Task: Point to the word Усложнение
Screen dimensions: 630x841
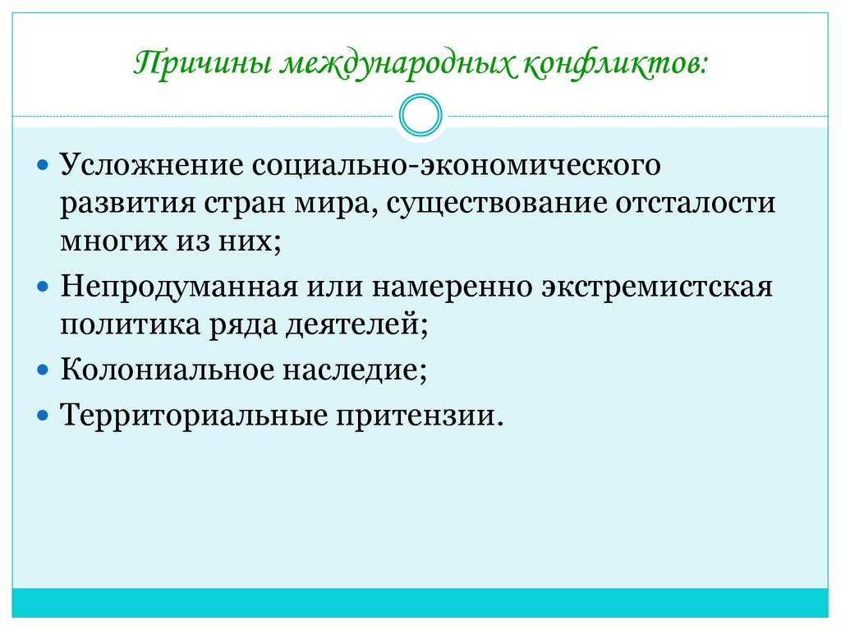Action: click(149, 163)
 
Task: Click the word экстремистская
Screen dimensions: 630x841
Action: click(656, 288)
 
